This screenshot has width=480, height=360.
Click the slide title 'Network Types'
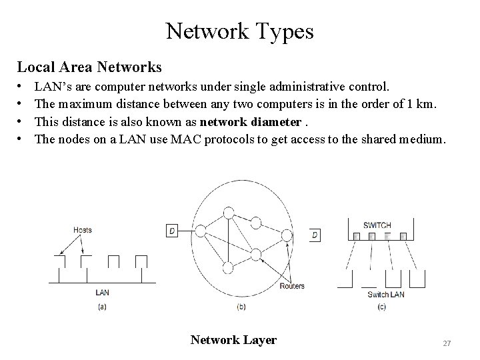tap(239, 31)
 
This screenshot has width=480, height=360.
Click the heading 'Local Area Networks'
tap(89, 67)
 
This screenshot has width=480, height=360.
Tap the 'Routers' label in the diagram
tap(292, 286)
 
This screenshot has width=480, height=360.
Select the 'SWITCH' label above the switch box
tap(378, 225)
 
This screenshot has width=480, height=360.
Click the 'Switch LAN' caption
tap(387, 294)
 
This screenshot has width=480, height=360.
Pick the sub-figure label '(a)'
tap(102, 307)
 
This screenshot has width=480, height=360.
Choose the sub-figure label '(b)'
tap(241, 307)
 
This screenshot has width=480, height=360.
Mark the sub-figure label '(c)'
tap(381, 307)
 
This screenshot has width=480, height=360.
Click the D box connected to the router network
tap(171, 231)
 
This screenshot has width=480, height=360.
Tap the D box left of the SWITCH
tap(314, 235)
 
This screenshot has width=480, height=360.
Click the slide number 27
tap(447, 343)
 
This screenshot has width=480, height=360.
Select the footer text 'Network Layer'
tap(233, 340)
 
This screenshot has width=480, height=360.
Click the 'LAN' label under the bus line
tap(103, 292)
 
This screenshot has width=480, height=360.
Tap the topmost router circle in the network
tap(229, 213)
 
